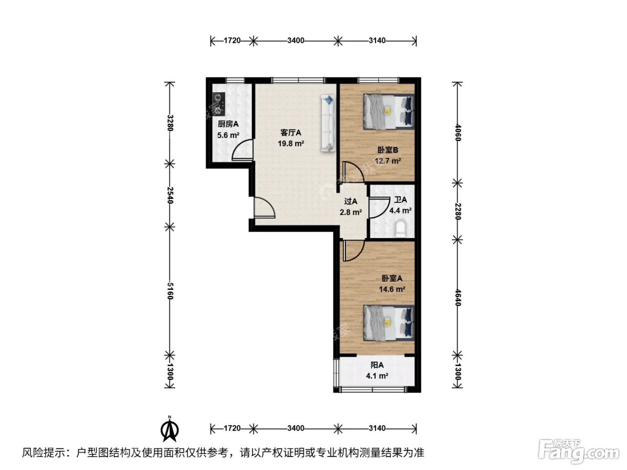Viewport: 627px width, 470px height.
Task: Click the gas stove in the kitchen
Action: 219,104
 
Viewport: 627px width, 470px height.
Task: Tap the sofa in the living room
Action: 328,123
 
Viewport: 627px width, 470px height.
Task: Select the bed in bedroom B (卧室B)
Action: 388,111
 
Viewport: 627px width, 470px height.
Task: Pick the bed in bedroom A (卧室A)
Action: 388,323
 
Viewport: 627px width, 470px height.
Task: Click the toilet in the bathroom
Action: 401,228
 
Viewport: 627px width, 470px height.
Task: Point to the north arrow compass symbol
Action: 170,429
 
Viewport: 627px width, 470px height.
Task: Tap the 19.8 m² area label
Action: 291,144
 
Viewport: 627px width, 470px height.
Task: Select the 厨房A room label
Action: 228,124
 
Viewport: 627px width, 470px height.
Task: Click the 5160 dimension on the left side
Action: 170,291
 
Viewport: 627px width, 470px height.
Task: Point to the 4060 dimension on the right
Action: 458,132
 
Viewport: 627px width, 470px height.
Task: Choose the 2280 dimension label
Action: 458,211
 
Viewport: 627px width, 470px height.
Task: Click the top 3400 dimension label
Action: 296,41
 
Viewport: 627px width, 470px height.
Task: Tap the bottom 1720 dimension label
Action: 232,428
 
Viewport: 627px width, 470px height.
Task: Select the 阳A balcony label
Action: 377,365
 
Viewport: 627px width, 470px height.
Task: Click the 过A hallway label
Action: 351,201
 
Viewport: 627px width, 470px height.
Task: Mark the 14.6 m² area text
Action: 392,289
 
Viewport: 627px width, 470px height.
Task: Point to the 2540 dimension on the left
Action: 170,195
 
